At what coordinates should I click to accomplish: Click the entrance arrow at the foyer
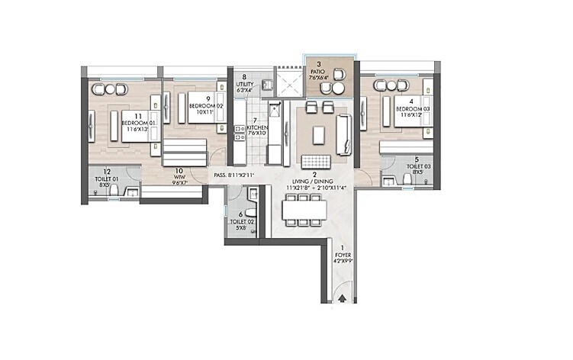tap(343, 300)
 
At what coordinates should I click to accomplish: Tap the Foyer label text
tap(343, 256)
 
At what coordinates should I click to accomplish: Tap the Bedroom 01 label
tap(142, 124)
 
